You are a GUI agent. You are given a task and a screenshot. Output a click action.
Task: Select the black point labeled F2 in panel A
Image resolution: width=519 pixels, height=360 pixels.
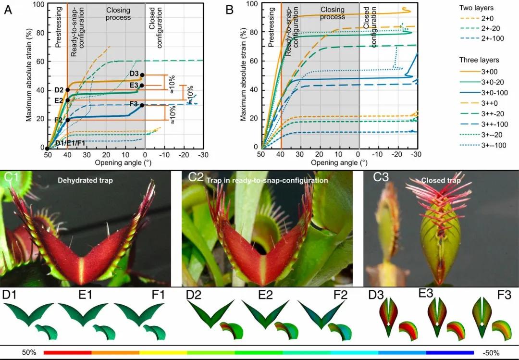(68, 120)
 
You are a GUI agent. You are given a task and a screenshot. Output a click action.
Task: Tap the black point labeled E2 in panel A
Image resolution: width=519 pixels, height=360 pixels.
(68, 100)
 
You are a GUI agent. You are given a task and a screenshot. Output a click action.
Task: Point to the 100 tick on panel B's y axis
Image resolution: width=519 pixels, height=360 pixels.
(252, 4)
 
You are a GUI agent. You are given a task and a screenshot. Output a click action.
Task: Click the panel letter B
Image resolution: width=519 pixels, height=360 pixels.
(229, 9)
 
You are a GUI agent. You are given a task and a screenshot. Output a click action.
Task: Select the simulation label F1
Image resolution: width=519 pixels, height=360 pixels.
(158, 294)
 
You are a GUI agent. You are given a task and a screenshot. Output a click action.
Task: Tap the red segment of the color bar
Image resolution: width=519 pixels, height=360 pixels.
(67, 352)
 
